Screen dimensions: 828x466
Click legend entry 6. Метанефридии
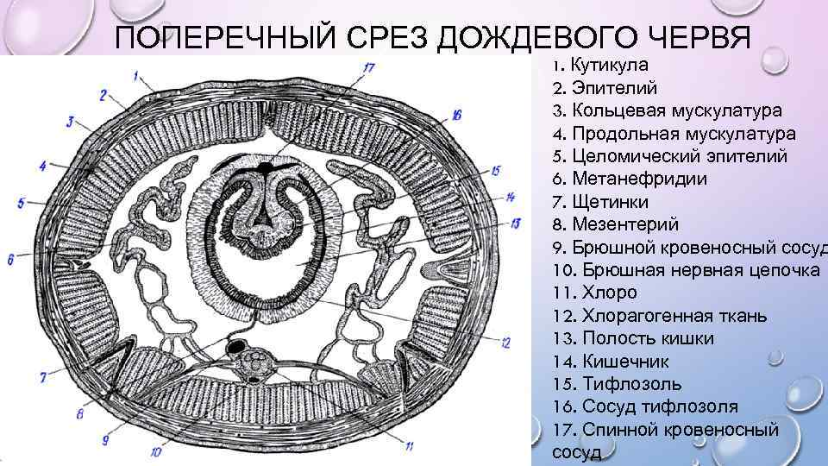pyautogui.click(x=629, y=179)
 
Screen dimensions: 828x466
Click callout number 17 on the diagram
pyautogui.click(x=369, y=66)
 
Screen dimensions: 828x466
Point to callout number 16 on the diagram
pyautogui.click(x=456, y=114)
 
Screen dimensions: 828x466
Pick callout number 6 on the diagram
pyautogui.click(x=11, y=258)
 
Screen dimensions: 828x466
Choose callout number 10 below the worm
pyautogui.click(x=156, y=450)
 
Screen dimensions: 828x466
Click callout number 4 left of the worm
pyautogui.click(x=42, y=163)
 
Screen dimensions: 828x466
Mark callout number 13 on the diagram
pyautogui.click(x=515, y=223)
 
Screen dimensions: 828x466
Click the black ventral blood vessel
pyautogui.click(x=234, y=346)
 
